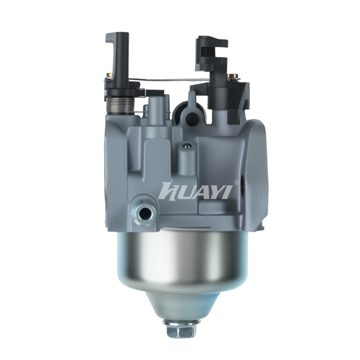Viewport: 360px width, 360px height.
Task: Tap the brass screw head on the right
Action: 232,76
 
